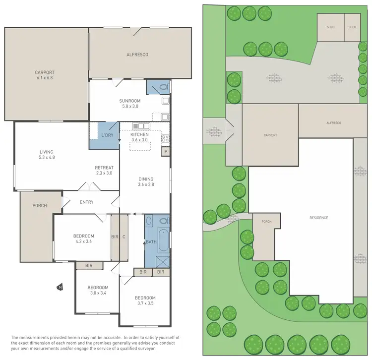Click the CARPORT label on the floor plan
44,74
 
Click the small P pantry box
166,151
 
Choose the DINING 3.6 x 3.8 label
146,181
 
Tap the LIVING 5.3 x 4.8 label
46,155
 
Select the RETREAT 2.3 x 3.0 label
104,170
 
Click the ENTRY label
86,202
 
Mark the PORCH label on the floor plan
40,205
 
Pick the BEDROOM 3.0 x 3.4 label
98,290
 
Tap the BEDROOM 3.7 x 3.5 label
145,300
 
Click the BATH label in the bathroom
151,241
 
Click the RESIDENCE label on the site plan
319,218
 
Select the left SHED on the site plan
330,27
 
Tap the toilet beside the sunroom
164,88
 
